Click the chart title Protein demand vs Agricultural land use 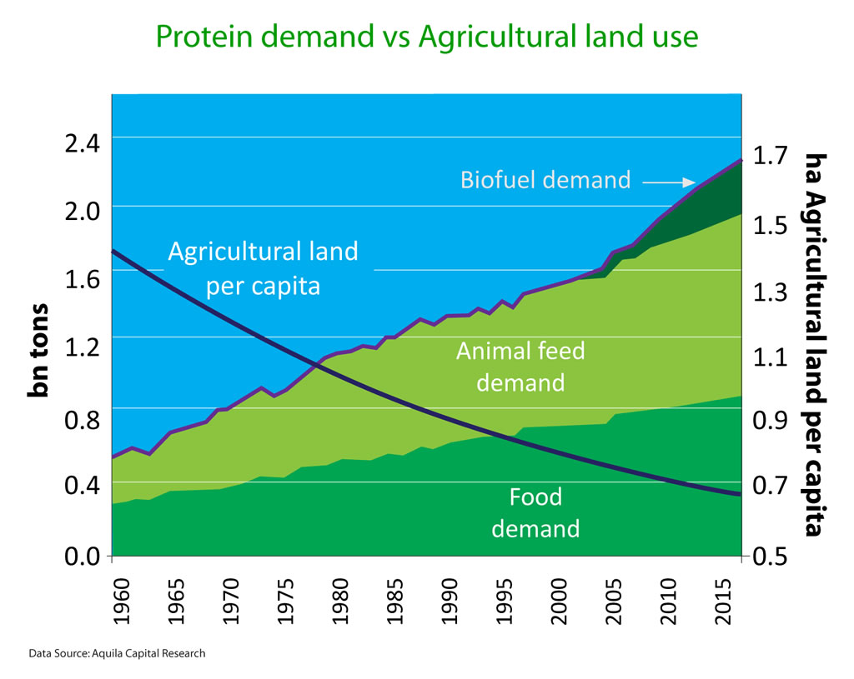pyautogui.click(x=426, y=37)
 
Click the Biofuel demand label pyautogui.click(x=545, y=180)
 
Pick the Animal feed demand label pyautogui.click(x=520, y=367)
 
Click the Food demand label pyautogui.click(x=535, y=512)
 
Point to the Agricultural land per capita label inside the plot pyautogui.click(x=263, y=268)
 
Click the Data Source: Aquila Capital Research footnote pyautogui.click(x=117, y=653)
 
